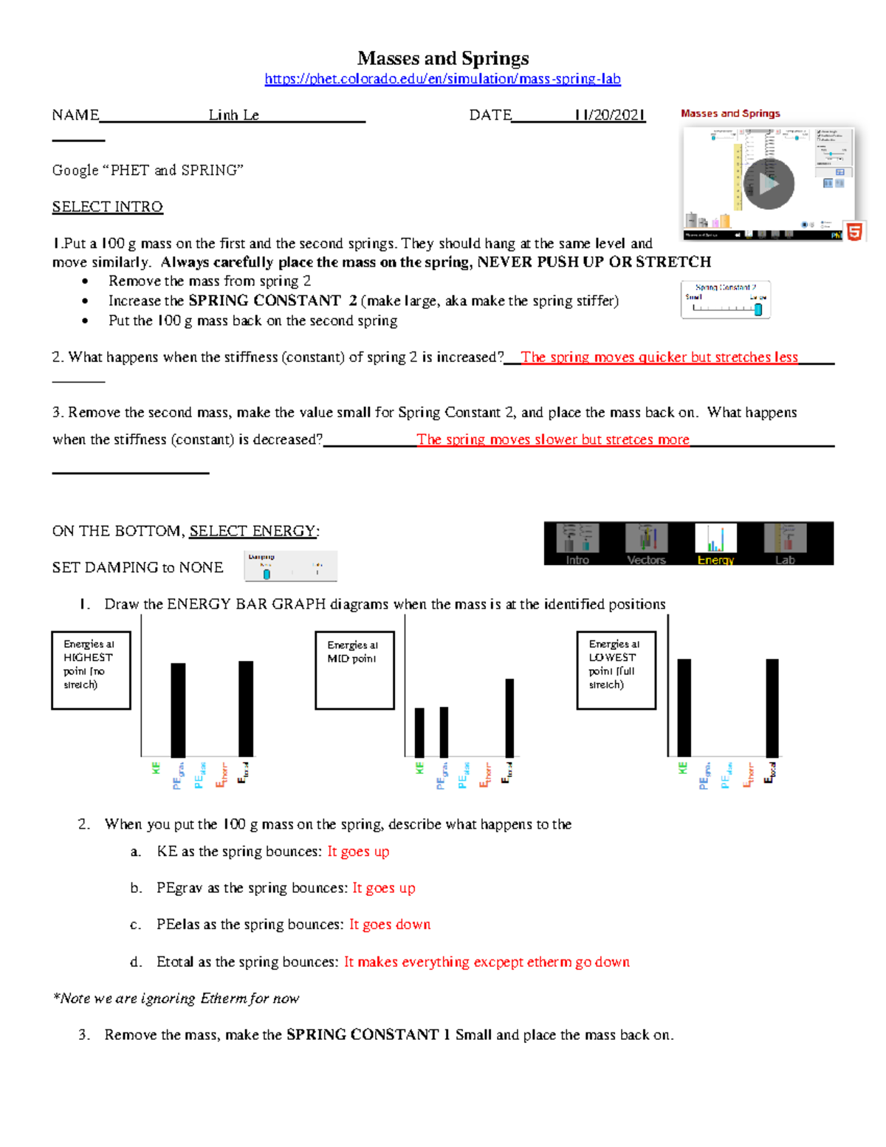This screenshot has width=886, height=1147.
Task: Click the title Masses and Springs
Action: coord(442,58)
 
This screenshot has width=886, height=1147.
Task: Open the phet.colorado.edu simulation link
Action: coord(442,79)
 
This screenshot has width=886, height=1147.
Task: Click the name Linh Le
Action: coord(233,115)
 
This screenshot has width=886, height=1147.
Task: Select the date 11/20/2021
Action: coord(610,115)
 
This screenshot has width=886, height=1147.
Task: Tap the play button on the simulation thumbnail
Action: coord(768,184)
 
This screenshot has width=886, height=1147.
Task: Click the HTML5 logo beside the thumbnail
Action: coord(854,232)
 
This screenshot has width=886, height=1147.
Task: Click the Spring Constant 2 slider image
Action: coord(725,300)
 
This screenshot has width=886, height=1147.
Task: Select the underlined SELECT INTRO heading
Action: coord(107,207)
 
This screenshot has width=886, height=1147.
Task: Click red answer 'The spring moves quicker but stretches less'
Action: coord(659,357)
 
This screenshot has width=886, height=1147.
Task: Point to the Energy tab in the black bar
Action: coord(715,544)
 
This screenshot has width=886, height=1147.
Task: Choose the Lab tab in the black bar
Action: coord(785,544)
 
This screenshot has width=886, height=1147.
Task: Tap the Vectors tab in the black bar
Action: coord(646,544)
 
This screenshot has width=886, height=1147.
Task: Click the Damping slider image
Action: coord(290,566)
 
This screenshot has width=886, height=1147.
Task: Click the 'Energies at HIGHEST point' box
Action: coord(91,670)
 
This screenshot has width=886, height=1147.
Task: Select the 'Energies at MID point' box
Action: coord(354,670)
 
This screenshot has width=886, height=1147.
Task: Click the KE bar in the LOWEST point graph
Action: coord(684,707)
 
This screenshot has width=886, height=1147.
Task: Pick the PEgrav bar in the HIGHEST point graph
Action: coord(178,710)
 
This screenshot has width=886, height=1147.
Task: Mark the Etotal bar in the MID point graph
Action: coord(509,717)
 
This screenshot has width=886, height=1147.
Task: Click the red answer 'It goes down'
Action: coord(389,925)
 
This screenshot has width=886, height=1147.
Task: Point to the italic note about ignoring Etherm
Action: coord(176,999)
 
